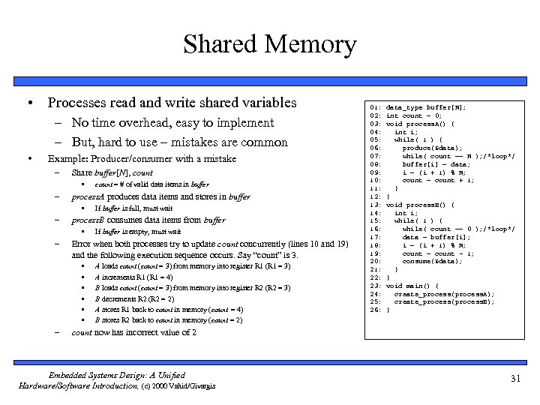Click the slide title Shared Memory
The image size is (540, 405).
coord(269,44)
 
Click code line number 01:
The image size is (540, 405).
coord(376,106)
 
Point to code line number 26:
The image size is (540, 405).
coord(376,310)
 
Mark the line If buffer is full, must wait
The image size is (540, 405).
coord(133,208)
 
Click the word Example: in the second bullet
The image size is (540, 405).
coord(67,159)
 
